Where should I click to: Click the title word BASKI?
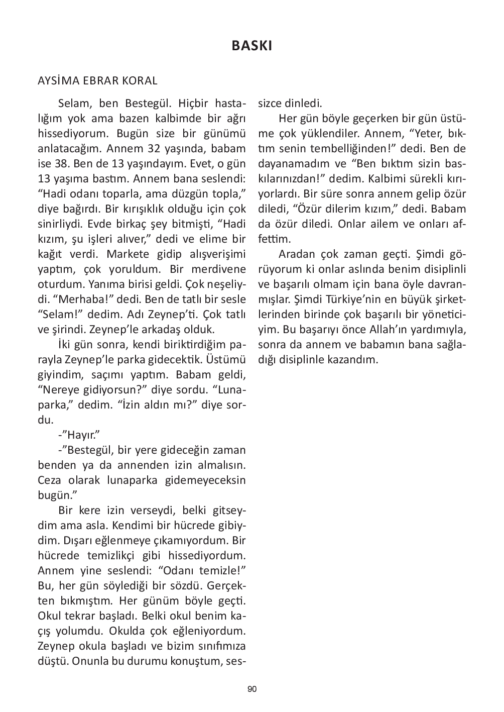(x=252, y=46)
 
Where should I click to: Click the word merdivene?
(x=221, y=269)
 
